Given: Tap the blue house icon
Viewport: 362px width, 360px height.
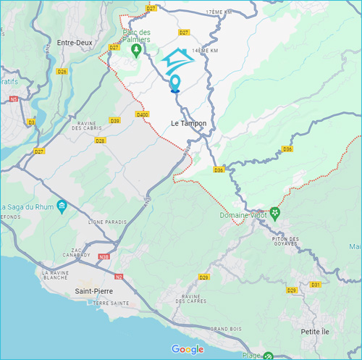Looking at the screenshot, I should tap(178, 60).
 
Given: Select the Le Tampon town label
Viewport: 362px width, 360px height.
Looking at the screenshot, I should tap(188, 124).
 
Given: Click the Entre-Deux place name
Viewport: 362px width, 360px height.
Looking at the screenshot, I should tap(77, 43).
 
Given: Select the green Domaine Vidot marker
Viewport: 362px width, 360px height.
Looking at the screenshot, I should tap(275, 215).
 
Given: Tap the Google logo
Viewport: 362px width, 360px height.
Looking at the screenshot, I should tap(188, 349).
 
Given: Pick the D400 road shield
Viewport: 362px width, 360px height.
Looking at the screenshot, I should tap(143, 114).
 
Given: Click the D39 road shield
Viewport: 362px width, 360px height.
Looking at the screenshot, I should tap(114, 120).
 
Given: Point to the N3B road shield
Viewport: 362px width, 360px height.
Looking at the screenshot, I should tap(104, 256).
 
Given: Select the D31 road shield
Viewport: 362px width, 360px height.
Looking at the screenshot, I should tap(315, 285).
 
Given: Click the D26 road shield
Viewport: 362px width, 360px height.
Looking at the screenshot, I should tap(62, 71).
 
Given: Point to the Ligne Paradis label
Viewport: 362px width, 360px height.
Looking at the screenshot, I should tap(106, 222).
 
